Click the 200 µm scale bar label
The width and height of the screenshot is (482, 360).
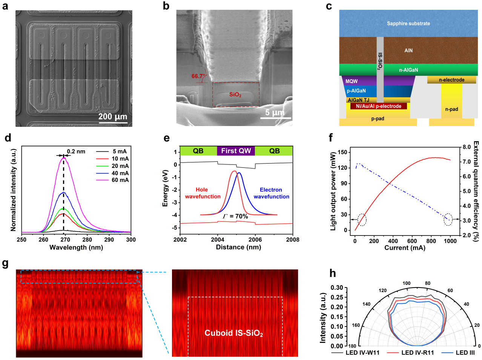tap(112, 117)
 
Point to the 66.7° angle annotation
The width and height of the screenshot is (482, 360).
tap(199, 76)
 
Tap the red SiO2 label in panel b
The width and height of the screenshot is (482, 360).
tap(235, 94)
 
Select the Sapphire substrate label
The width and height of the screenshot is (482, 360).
tap(408, 23)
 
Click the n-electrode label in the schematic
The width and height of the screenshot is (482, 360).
tap(451, 80)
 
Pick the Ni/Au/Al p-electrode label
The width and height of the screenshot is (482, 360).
tap(378, 106)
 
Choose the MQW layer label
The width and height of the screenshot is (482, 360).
tap(352, 81)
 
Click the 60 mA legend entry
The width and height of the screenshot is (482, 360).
tap(120, 180)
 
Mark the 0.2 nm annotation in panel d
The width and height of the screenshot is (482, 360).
tap(76, 152)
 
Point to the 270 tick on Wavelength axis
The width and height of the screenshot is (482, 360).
tap(65, 240)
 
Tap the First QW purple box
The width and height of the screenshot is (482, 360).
tap(236, 151)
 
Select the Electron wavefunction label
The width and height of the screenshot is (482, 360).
tap(271, 193)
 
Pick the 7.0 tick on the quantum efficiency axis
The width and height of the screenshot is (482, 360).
tap(467, 162)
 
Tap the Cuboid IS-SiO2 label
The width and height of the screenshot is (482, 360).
tap(234, 333)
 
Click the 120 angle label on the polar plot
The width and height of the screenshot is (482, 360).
tap(382, 291)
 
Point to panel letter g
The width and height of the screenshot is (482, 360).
tap(5, 263)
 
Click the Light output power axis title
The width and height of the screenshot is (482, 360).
tap(333, 191)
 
